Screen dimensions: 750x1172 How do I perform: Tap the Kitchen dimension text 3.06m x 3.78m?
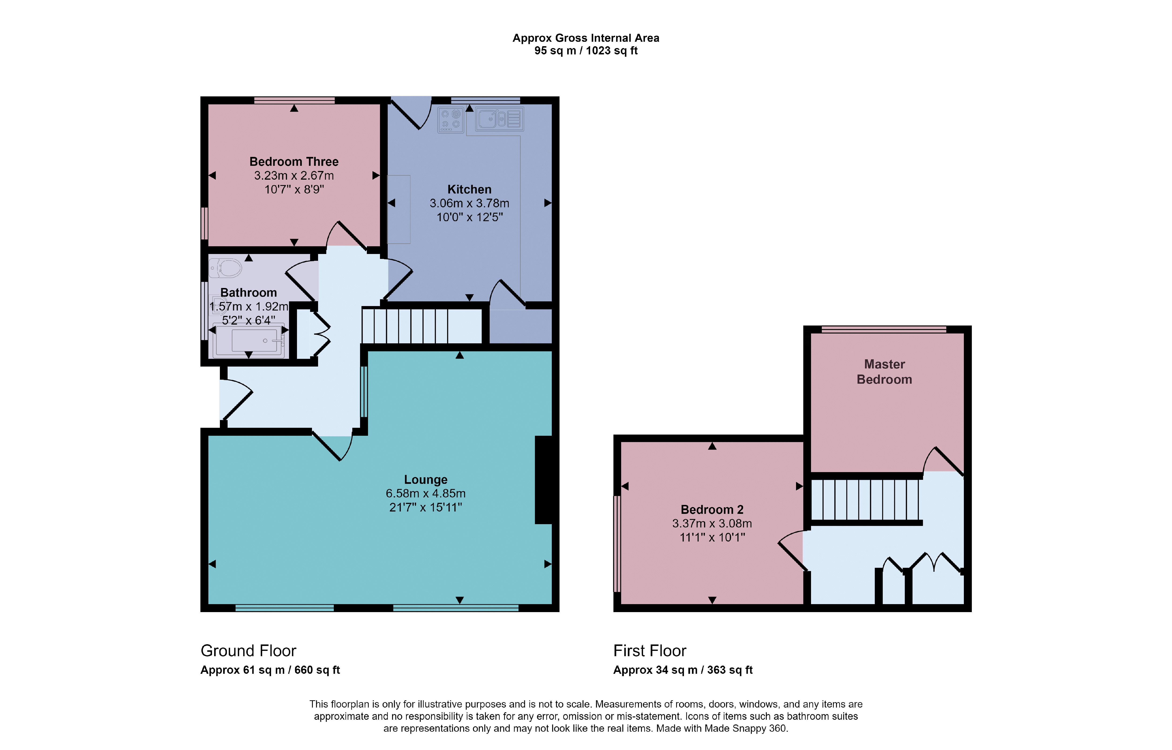(x=469, y=203)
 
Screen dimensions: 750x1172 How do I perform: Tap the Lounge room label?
(x=425, y=480)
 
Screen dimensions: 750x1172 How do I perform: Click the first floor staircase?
(x=865, y=500)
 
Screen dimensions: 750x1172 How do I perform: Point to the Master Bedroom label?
(x=884, y=371)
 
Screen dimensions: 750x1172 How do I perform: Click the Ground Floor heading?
(x=248, y=651)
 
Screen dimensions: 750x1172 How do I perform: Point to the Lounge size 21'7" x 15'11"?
(x=425, y=508)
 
